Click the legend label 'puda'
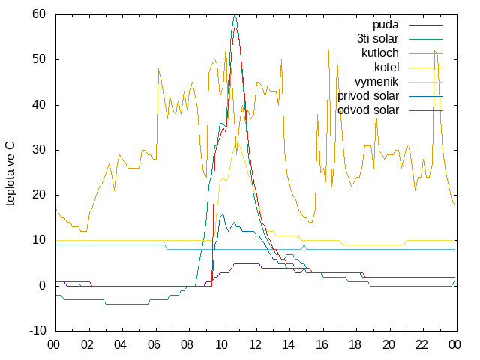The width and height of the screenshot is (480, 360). [385, 25]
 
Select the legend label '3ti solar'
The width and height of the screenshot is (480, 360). [378, 39]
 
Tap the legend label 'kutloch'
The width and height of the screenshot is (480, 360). [380, 53]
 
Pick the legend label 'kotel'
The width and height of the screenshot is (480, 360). [387, 67]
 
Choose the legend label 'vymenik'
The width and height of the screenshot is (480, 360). [376, 82]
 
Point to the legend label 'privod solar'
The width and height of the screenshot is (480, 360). [368, 96]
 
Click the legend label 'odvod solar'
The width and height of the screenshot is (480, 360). [368, 110]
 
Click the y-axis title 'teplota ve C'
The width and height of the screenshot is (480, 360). [10, 174]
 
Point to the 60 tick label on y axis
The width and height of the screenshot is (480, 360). [39, 14]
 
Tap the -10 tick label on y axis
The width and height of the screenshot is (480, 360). [37, 331]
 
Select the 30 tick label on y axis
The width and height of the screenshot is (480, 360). [39, 150]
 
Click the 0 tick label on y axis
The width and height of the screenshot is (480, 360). [42, 286]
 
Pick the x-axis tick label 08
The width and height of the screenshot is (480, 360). [187, 345]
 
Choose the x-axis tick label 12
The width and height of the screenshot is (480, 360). [255, 345]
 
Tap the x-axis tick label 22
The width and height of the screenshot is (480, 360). [421, 345]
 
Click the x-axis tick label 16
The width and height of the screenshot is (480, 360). [322, 345]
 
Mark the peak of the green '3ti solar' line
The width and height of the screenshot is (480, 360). [235, 15]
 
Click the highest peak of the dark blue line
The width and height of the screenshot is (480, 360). [223, 213]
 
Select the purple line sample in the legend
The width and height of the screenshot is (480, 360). [425, 25]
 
